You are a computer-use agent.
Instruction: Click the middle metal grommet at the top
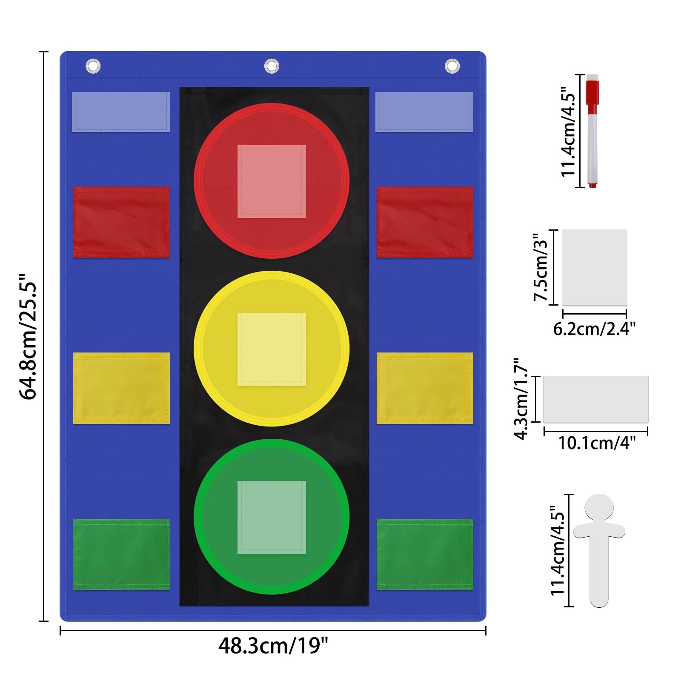pos(272,66)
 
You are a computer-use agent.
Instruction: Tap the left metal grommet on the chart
pos(93,66)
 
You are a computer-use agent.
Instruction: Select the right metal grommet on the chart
pos(452,66)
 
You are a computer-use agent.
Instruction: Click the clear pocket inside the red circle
pos(272,181)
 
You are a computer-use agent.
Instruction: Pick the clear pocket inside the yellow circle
pos(272,349)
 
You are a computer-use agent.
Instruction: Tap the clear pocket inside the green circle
pos(272,517)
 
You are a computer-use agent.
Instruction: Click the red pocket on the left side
pos(121,222)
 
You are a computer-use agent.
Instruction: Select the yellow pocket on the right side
pos(425,388)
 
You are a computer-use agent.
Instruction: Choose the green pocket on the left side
pos(121,554)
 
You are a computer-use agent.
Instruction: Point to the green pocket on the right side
pos(425,554)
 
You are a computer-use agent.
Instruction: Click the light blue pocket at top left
pos(121,112)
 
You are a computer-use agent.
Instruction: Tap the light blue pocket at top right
pos(424,112)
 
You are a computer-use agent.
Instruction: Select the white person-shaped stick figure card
pos(599,550)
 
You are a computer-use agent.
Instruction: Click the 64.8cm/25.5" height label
pos(29,336)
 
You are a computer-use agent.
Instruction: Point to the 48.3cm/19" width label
pos(273,646)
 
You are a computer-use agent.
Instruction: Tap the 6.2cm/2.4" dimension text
pos(594,329)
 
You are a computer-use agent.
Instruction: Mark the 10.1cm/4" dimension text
pos(597,443)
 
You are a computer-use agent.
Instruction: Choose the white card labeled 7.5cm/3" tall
pos(595,268)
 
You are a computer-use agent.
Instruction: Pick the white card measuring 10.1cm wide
pos(596,399)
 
